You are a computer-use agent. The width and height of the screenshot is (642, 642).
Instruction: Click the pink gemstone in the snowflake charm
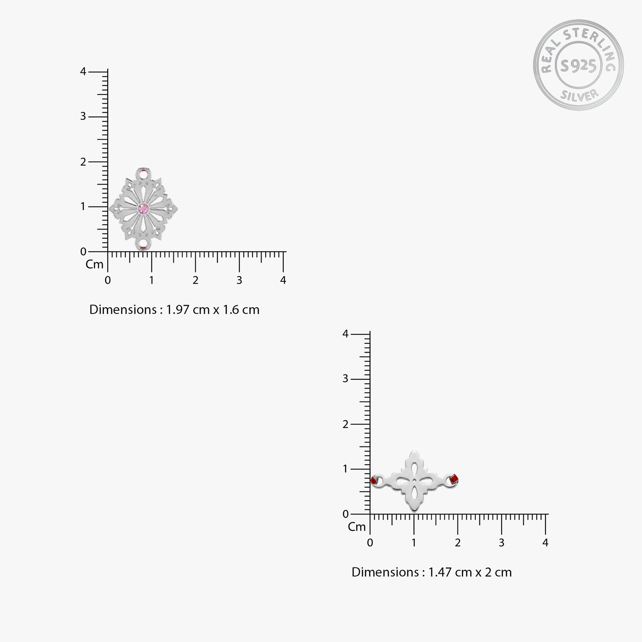click(x=144, y=209)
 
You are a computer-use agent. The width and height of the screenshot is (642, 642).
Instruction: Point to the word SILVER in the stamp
click(x=579, y=95)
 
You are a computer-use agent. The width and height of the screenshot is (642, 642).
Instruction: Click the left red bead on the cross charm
click(x=373, y=480)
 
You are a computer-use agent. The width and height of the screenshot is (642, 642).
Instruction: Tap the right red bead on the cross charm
click(x=454, y=479)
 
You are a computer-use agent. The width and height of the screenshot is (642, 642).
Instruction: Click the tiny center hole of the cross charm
click(x=414, y=480)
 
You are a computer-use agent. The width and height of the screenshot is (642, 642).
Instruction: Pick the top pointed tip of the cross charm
click(x=414, y=451)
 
